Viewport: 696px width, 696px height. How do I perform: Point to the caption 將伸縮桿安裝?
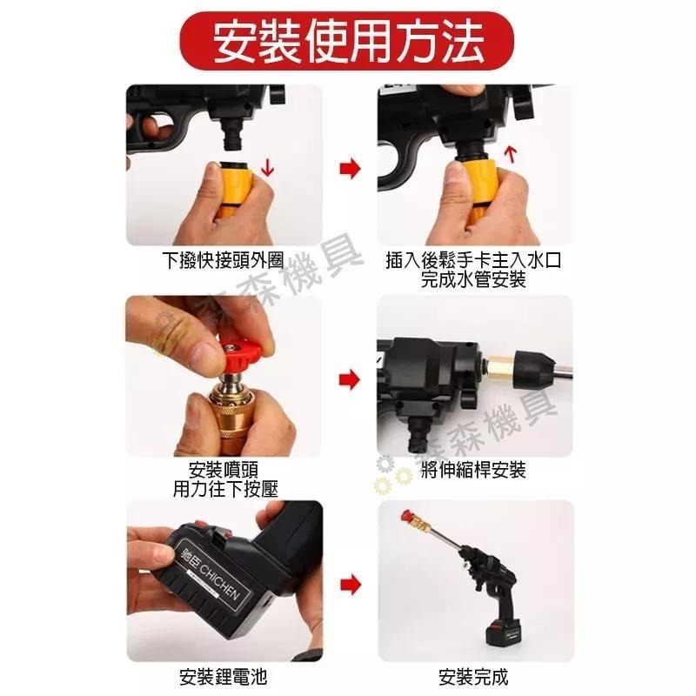pyautogui.click(x=472, y=471)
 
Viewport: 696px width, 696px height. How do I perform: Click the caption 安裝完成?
pyautogui.click(x=472, y=676)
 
